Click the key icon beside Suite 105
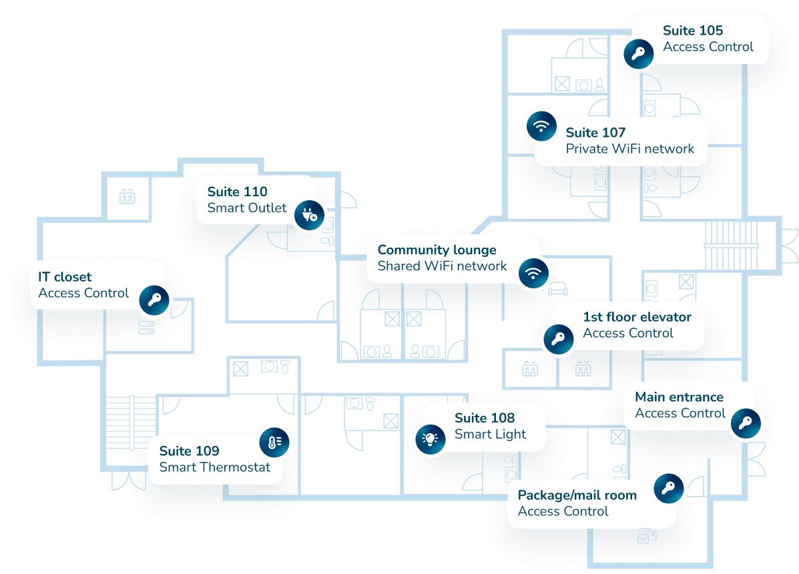coord(639,53)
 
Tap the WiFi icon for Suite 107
coord(541,125)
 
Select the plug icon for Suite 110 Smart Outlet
coord(309,215)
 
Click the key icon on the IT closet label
coord(154,300)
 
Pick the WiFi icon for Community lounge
coord(533,273)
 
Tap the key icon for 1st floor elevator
coord(559,338)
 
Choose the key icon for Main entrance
coord(746,423)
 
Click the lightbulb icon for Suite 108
coord(431,439)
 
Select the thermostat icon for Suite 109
coord(274,442)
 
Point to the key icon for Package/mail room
coord(669,489)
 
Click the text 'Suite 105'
coord(692,31)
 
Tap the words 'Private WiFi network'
coord(630,149)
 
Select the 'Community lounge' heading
coord(437,250)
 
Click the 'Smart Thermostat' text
coord(214,467)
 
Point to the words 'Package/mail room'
coord(577,495)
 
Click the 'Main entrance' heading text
coord(679,396)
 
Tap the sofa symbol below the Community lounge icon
coord(558,289)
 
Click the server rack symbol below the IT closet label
coord(146,328)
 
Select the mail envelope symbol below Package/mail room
coord(647,537)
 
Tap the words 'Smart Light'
coord(490,435)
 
